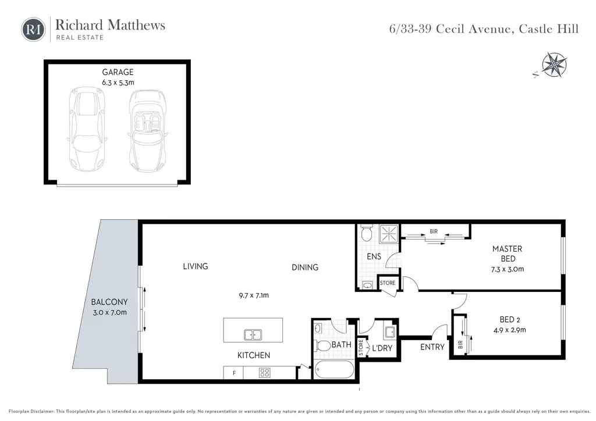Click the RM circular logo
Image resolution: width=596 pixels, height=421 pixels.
click(33, 29)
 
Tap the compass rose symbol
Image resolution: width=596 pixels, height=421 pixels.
click(554, 65)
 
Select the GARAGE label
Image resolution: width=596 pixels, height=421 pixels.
click(118, 72)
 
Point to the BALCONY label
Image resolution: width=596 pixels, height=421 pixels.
click(109, 302)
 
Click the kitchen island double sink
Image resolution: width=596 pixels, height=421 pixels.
click(253, 335)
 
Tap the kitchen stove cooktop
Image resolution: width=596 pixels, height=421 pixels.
click(265, 373)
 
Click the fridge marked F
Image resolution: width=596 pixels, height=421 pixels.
click(233, 373)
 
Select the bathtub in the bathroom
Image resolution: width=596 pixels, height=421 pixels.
click(335, 369)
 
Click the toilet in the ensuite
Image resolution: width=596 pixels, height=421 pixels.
click(367, 233)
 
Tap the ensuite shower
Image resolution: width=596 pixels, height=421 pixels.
click(388, 233)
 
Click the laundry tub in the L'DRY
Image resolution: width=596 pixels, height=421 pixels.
click(389, 332)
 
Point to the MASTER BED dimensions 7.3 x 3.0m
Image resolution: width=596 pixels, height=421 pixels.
click(508, 269)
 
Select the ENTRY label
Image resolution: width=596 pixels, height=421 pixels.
click(432, 347)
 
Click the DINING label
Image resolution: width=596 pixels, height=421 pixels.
click(305, 267)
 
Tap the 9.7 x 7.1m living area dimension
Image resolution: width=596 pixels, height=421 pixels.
click(254, 295)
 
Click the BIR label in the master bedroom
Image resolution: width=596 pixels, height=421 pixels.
click(434, 231)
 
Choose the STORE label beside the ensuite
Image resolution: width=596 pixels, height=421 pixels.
click(388, 283)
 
